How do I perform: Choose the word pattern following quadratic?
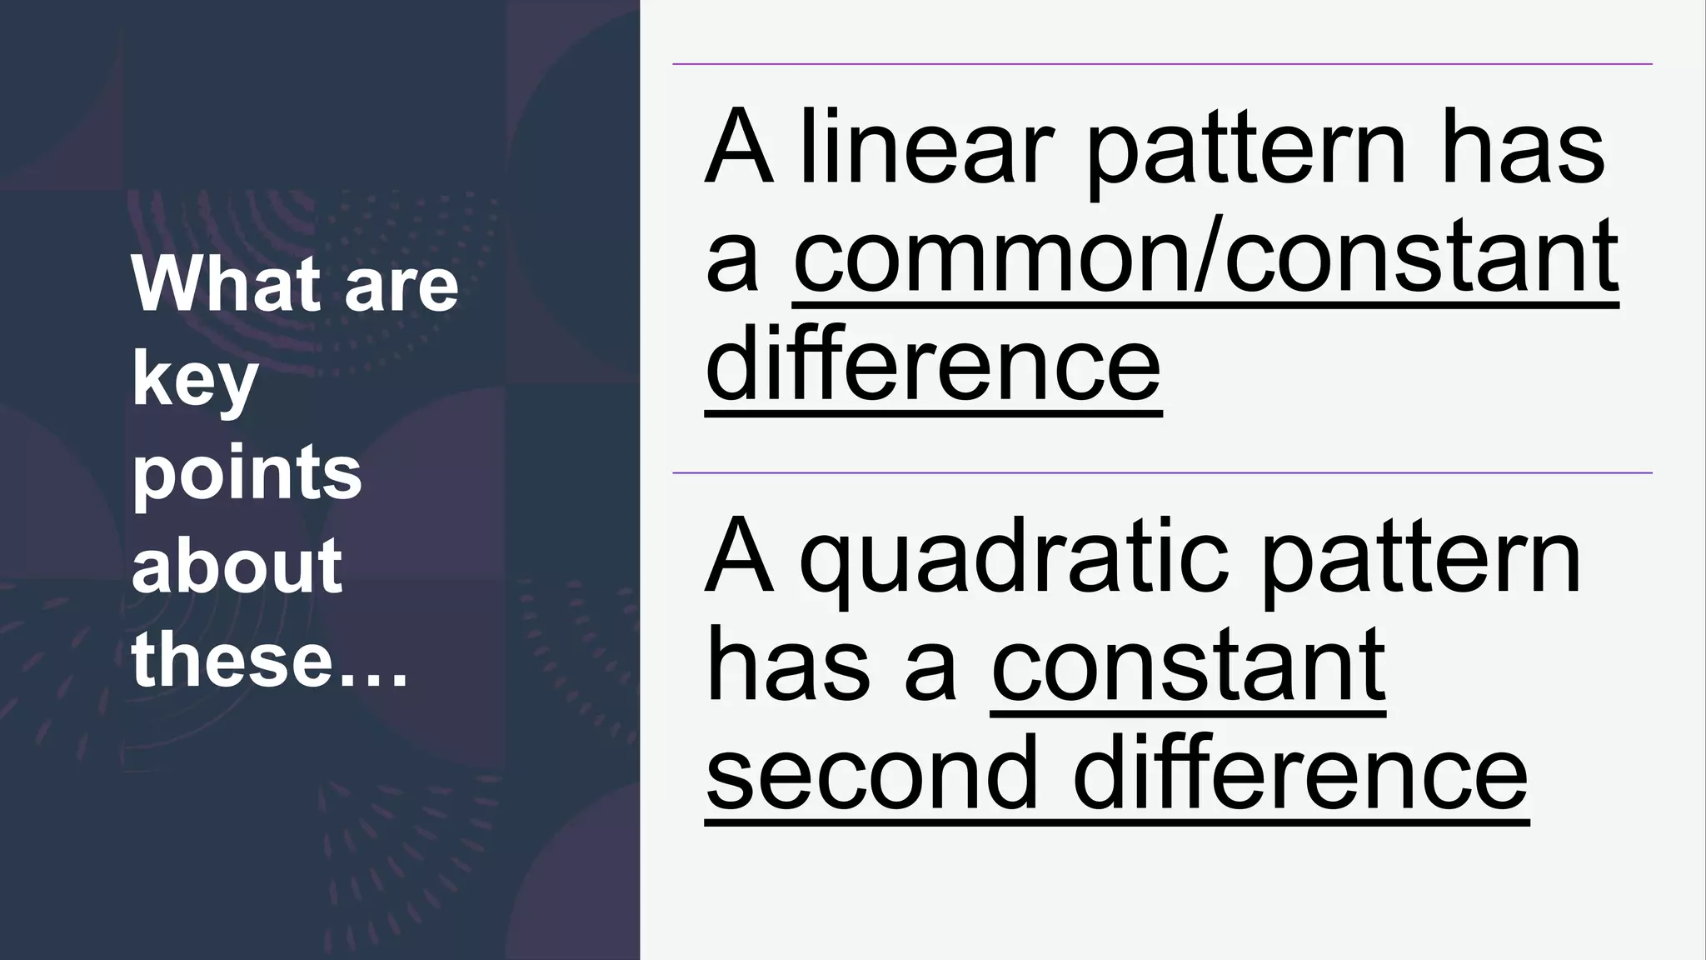1420,558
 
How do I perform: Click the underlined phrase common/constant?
1205,258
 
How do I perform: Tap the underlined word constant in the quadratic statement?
1188,667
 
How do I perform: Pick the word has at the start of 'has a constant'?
783,667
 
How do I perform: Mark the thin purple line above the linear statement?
1162,63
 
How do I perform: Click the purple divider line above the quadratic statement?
1162,472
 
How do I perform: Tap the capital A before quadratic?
736,558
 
